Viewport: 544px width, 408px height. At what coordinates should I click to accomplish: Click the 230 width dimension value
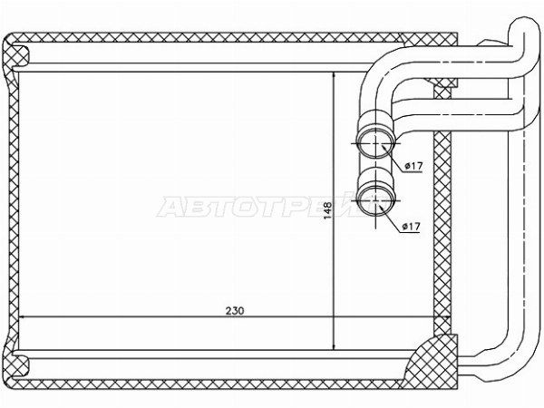[235, 310]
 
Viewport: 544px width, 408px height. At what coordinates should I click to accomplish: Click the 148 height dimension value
[328, 210]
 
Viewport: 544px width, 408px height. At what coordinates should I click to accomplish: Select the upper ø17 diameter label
[413, 166]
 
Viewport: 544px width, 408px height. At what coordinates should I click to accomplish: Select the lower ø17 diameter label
[411, 227]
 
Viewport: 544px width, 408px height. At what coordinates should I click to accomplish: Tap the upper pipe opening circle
[376, 143]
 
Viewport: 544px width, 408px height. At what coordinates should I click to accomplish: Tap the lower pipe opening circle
[376, 201]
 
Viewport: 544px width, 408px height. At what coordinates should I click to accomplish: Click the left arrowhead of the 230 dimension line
[22, 316]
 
